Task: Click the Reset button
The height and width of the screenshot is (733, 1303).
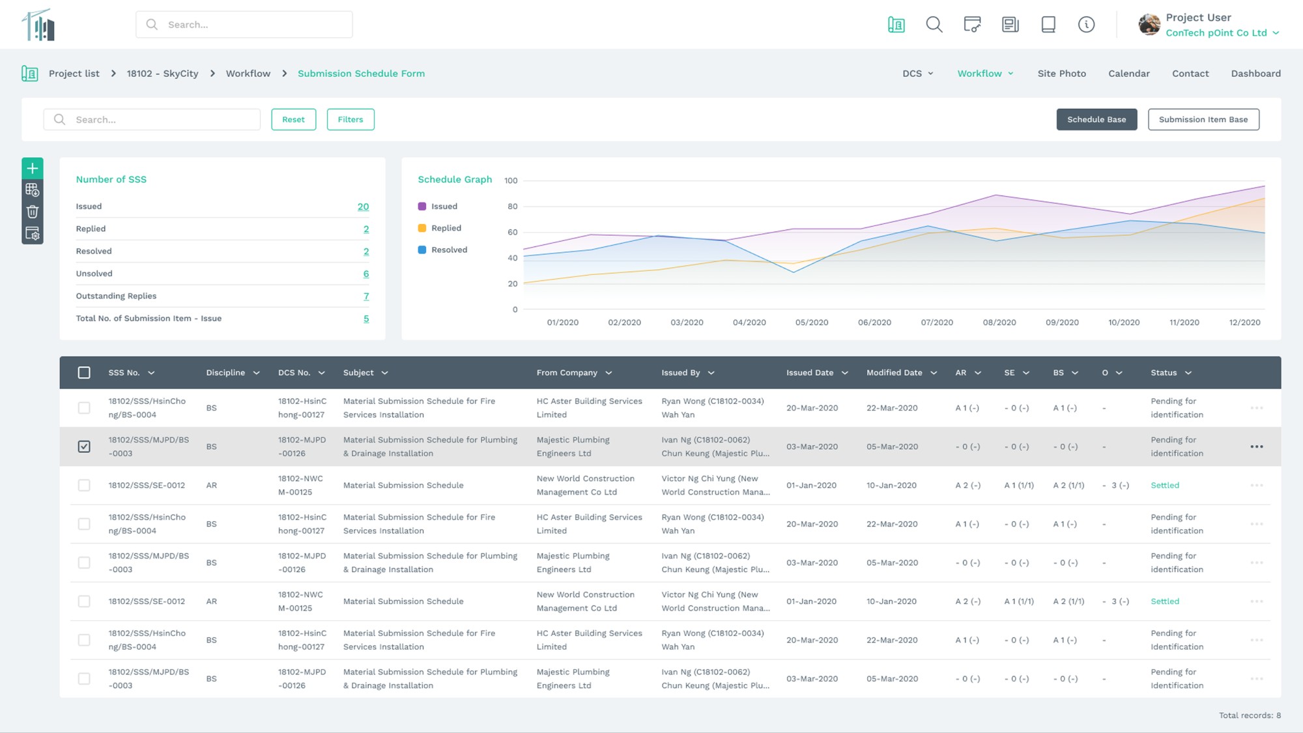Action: point(293,119)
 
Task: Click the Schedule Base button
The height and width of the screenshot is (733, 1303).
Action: point(1096,119)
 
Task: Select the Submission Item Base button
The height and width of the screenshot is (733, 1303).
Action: point(1203,119)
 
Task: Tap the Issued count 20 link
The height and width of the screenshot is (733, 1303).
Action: point(363,207)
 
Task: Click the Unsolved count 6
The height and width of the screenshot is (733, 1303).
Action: point(365,274)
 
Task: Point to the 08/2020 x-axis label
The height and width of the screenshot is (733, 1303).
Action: point(999,323)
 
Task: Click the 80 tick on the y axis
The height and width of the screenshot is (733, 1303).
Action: point(513,207)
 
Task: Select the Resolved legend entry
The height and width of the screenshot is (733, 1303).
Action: point(448,250)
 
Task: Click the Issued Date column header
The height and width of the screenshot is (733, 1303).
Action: point(810,373)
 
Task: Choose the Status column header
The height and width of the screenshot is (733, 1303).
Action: point(1164,373)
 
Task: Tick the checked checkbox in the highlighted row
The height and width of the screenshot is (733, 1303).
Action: point(84,446)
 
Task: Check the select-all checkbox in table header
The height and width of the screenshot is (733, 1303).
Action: point(84,373)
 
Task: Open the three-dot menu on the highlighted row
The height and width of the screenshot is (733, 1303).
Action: point(1256,446)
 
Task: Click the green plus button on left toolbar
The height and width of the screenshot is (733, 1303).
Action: point(33,169)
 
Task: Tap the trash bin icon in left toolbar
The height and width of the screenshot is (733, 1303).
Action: point(33,212)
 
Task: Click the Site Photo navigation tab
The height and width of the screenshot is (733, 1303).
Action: point(1061,74)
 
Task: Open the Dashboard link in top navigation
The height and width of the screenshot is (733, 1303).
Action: point(1255,74)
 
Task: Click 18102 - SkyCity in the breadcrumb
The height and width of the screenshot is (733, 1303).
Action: point(162,74)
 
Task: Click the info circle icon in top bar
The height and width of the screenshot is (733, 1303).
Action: point(1086,25)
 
